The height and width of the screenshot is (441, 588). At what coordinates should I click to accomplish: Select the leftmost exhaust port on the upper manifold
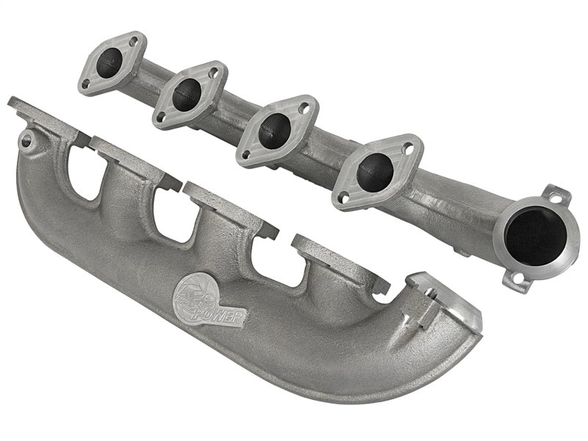[110, 62]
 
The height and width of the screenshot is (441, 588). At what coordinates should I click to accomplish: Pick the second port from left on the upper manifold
[187, 94]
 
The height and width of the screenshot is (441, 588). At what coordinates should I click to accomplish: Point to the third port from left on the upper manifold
[274, 130]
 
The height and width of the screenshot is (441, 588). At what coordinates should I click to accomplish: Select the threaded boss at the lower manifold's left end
[27, 138]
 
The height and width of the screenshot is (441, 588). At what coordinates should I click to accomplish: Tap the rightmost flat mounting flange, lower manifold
[338, 262]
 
